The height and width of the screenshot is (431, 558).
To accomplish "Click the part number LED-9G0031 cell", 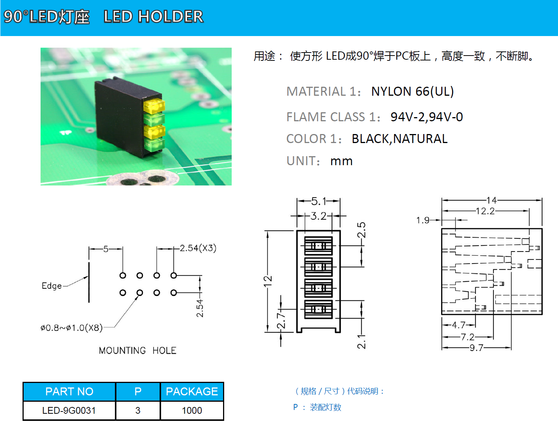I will [x=69, y=410].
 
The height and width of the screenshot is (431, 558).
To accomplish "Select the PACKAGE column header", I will [x=192, y=392].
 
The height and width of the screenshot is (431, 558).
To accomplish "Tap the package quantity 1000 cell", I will [x=192, y=410].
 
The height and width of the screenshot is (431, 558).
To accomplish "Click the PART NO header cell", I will [x=69, y=392].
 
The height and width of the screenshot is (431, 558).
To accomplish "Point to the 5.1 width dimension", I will [x=318, y=201].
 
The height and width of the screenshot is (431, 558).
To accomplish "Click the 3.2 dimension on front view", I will [x=318, y=216].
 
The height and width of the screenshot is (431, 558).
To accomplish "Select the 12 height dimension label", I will [x=267, y=281].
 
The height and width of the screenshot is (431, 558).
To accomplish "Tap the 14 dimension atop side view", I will [x=492, y=200].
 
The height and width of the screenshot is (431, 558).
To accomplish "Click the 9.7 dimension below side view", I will [x=476, y=348].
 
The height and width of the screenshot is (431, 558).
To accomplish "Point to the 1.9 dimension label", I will [x=423, y=220].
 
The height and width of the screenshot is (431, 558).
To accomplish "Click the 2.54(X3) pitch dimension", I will [x=198, y=248].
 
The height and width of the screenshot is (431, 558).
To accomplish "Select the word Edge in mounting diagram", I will [x=52, y=286].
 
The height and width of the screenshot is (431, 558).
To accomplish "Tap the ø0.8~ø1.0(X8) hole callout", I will [x=72, y=328].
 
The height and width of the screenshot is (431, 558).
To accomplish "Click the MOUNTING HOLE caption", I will [x=137, y=350].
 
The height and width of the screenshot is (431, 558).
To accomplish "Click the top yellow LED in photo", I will [x=154, y=106].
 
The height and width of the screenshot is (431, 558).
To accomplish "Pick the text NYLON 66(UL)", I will [x=412, y=92].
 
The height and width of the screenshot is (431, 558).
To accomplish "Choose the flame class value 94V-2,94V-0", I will [x=427, y=117].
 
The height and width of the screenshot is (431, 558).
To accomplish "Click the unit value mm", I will [x=341, y=161].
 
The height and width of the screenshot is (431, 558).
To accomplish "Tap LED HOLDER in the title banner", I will [x=153, y=17].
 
